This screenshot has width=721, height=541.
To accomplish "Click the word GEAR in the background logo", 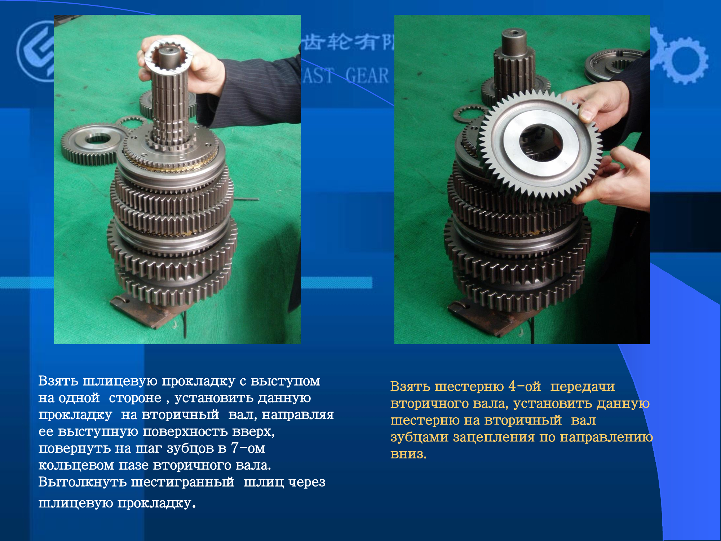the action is [x=367, y=76].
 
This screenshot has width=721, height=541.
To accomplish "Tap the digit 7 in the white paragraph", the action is [x=234, y=448].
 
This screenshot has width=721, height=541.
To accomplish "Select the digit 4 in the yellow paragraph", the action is [x=512, y=386].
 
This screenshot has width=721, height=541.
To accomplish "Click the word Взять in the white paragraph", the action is [x=58, y=381].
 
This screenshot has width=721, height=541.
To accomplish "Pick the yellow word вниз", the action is [x=408, y=454].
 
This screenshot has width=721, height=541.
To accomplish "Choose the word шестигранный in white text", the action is [x=182, y=482].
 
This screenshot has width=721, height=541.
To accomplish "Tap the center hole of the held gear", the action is [x=541, y=142].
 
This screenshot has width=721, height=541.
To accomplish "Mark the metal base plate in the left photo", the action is [x=148, y=310].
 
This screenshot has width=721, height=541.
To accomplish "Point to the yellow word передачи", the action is [x=583, y=387].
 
